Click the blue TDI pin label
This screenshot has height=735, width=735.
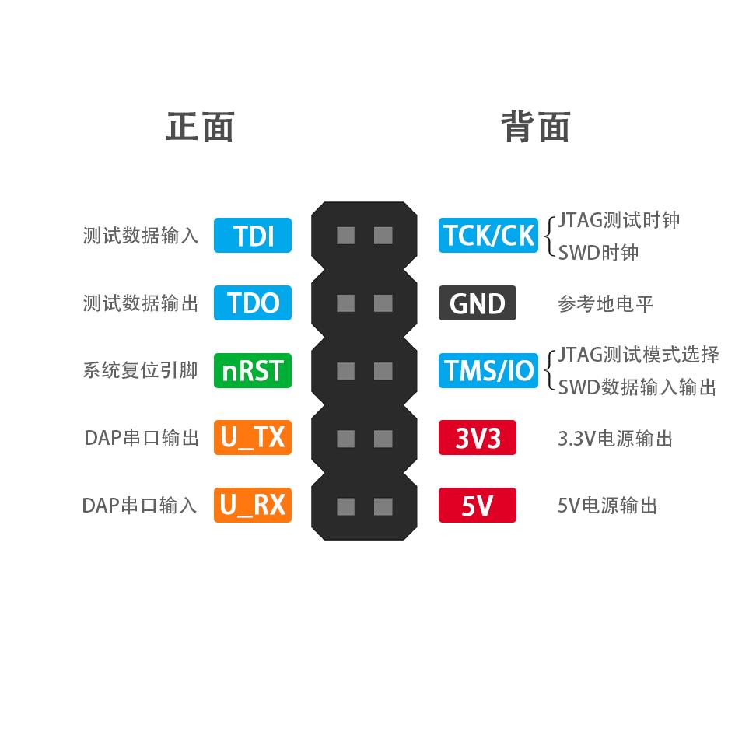253,236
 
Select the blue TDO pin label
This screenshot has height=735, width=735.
253,303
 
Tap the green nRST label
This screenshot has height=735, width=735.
253,370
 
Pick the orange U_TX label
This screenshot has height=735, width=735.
253,438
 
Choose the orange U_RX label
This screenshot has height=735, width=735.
253,506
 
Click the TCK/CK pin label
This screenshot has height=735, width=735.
488,236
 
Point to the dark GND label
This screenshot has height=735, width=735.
478,303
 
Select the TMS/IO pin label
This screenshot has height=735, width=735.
488,370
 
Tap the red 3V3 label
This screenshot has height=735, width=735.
478,439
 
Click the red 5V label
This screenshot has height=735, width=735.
478,506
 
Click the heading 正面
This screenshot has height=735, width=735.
200,127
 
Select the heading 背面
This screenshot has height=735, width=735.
535,127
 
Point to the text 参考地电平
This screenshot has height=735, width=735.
605,303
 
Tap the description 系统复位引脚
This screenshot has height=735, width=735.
140,370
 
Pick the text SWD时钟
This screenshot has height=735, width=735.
598,253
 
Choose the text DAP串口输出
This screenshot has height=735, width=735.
141,438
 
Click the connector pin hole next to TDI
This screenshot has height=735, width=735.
346,236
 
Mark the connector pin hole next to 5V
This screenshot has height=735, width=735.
383,507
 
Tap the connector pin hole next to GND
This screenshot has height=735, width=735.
383,303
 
